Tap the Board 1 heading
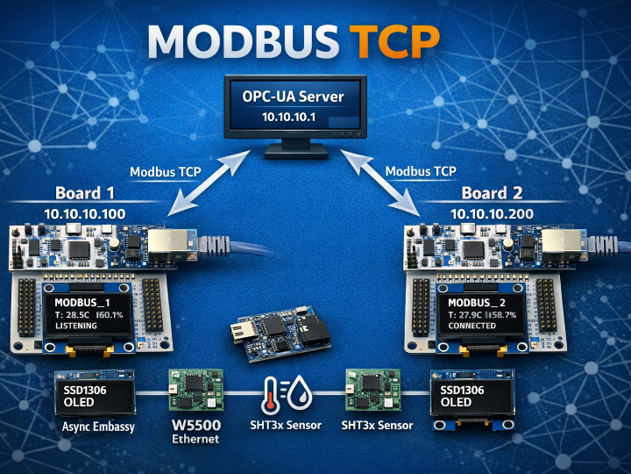pos(85,193)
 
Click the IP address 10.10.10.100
pos(84,213)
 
